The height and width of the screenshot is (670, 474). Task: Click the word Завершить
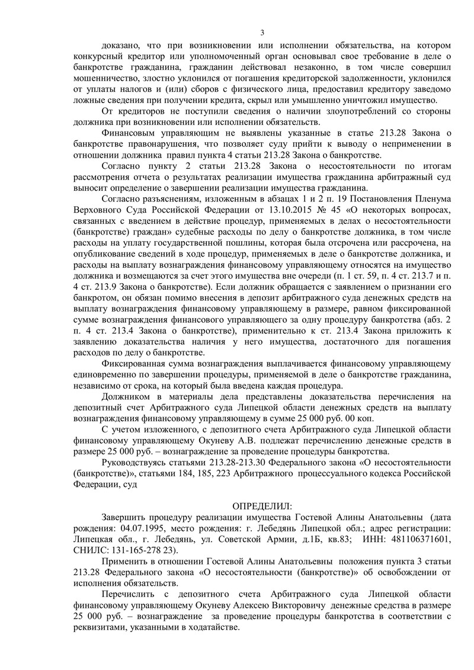[125, 517]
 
